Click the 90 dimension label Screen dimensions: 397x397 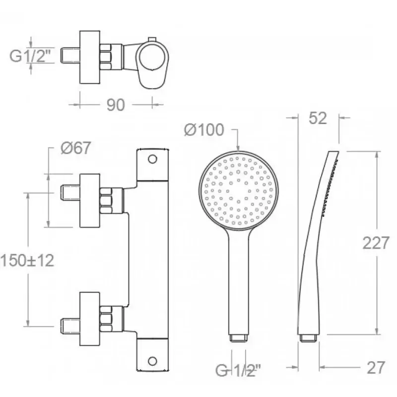[116, 105]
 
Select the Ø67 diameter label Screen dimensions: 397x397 [76, 147]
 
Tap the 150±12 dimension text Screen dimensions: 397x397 [28, 260]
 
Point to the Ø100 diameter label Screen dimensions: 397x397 [204, 130]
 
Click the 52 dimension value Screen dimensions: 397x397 [318, 118]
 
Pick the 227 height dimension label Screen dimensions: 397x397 [376, 243]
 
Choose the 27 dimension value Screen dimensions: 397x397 [376, 367]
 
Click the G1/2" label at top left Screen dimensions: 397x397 [30, 56]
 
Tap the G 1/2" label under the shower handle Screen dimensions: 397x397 [238, 370]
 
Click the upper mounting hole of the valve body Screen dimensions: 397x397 [152, 159]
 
